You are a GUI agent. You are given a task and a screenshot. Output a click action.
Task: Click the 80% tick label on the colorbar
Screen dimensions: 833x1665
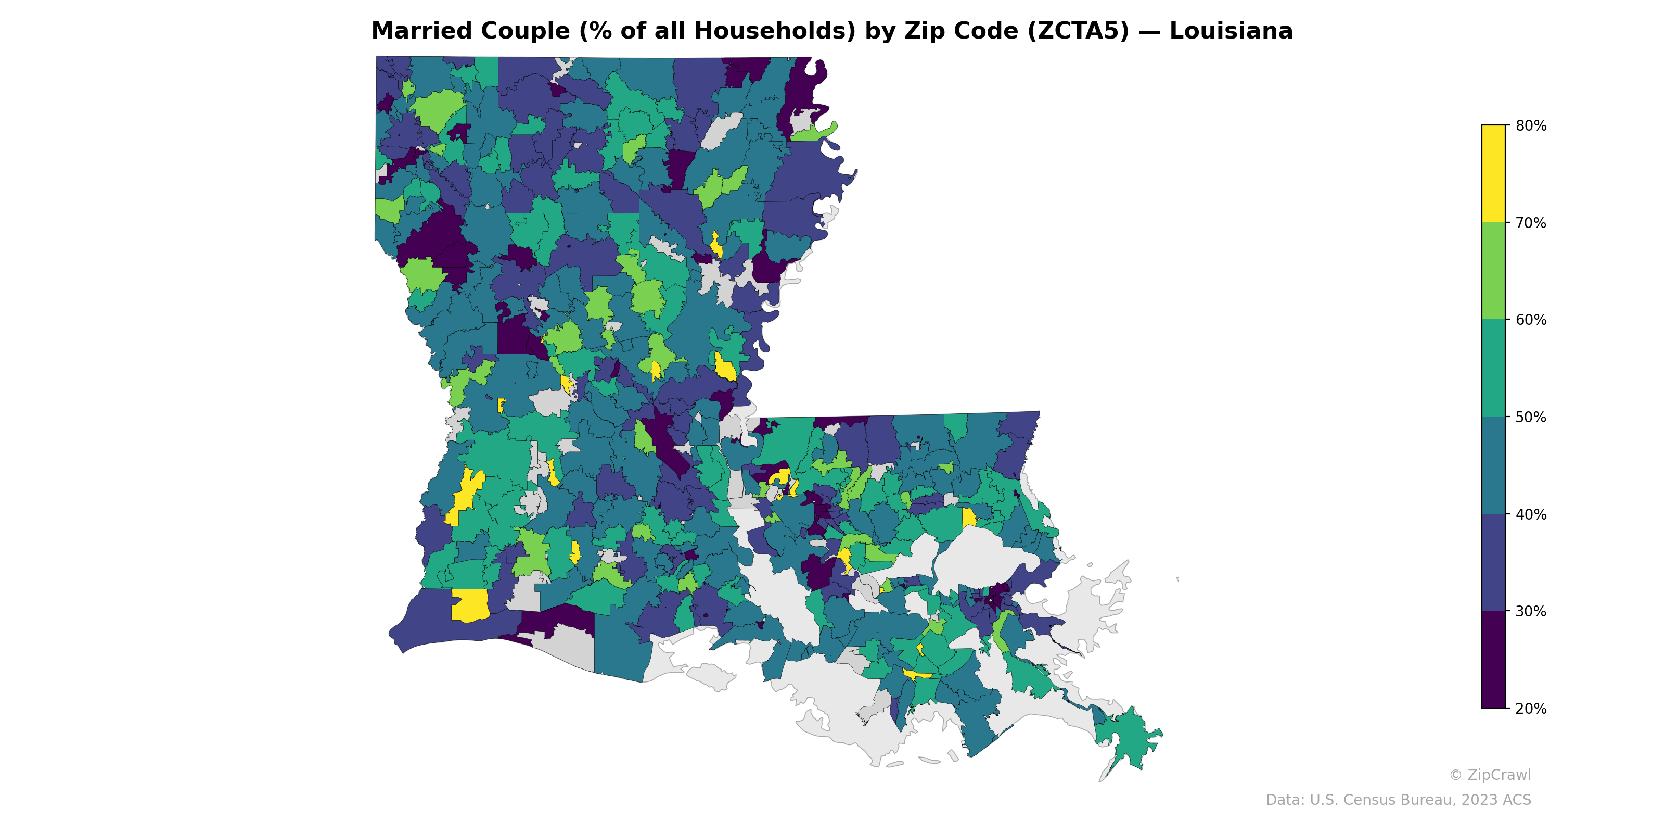pyautogui.click(x=1531, y=125)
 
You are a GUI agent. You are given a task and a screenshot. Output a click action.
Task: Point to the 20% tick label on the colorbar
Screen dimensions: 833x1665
pyautogui.click(x=1531, y=708)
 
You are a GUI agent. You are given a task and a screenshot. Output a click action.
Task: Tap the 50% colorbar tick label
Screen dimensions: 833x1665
pyautogui.click(x=1531, y=417)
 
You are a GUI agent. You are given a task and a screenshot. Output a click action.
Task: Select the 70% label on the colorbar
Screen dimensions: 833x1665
pyautogui.click(x=1531, y=223)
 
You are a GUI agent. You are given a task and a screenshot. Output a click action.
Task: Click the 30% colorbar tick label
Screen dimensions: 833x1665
pyautogui.click(x=1531, y=611)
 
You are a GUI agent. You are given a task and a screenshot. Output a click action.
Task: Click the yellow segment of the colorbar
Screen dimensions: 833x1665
pyautogui.click(x=1493, y=173)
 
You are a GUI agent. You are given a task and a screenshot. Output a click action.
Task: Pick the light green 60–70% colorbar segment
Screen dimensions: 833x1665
pyautogui.click(x=1493, y=271)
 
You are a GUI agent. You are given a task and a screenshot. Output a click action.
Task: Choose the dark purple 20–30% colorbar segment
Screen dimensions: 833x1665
pyautogui.click(x=1493, y=660)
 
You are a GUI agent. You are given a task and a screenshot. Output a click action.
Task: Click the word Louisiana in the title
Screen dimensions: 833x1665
pyautogui.click(x=1231, y=31)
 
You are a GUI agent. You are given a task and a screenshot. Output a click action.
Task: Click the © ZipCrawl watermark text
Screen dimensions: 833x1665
pyautogui.click(x=1490, y=775)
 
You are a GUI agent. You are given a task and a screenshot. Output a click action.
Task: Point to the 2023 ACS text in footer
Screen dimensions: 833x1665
pyautogui.click(x=1496, y=800)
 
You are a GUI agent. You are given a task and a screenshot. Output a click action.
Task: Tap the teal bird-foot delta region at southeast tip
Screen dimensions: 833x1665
pyautogui.click(x=1128, y=737)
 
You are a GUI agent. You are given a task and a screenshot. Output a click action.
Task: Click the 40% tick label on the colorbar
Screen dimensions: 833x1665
pyautogui.click(x=1531, y=514)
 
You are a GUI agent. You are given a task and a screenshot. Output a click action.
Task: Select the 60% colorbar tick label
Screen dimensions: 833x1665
pyautogui.click(x=1531, y=320)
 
